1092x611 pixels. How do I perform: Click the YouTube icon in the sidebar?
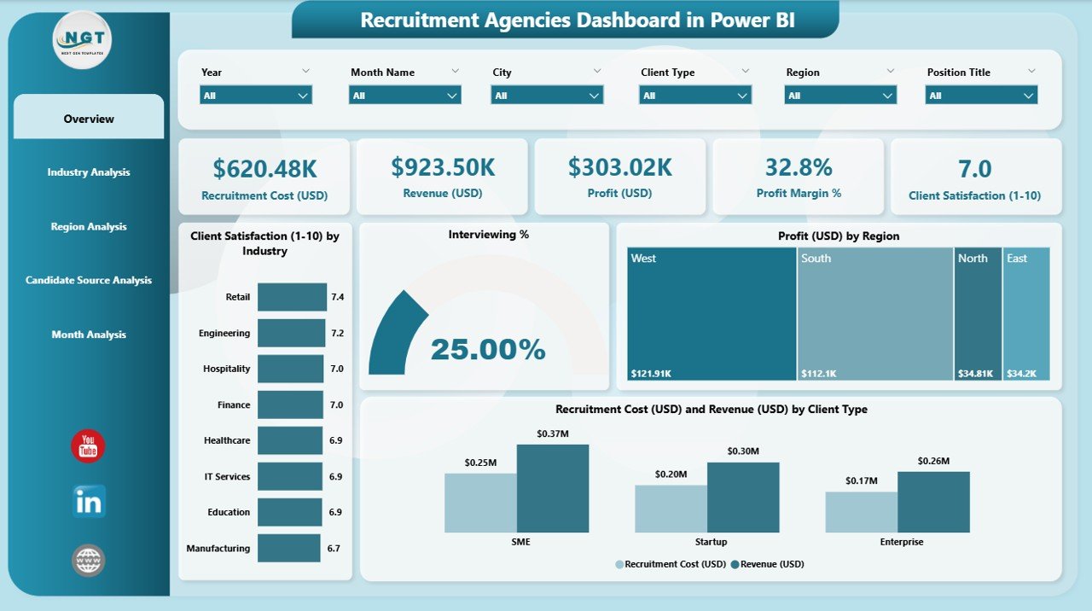point(88,446)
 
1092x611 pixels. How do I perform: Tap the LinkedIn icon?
point(89,502)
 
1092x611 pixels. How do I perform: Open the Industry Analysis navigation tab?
point(89,172)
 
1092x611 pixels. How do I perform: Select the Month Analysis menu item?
point(89,335)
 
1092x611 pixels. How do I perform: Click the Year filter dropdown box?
point(256,96)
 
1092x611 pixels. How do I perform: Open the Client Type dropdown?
point(695,96)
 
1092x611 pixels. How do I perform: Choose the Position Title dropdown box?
point(981,96)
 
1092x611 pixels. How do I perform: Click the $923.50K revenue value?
point(442,167)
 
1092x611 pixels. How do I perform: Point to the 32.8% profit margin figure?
point(799,167)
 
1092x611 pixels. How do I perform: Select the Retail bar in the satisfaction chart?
point(292,297)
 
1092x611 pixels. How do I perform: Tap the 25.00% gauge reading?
point(487,349)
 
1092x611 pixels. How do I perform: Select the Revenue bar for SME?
point(552,488)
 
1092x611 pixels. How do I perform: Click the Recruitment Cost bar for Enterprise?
point(861,512)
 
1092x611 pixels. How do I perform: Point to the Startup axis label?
point(711,542)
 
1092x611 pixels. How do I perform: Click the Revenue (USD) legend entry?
point(772,564)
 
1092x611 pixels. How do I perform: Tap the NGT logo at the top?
point(82,39)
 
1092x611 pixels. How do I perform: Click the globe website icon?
point(89,560)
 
